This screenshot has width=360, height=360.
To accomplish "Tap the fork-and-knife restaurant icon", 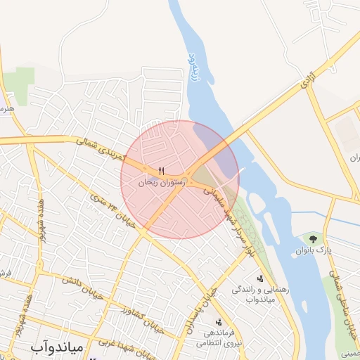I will (x=162, y=170).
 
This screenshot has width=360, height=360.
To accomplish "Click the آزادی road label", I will (x=306, y=84).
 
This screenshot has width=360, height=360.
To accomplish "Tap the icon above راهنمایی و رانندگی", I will (x=260, y=279).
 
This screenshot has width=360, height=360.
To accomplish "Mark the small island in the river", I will (x=257, y=203).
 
